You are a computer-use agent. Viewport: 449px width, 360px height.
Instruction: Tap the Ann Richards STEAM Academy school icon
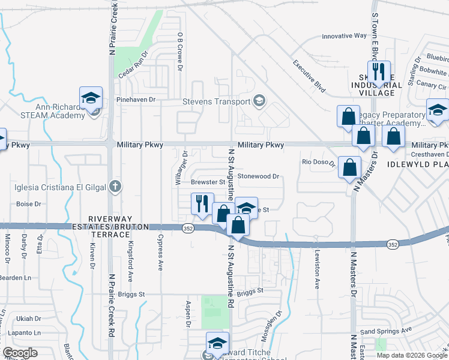pyautogui.click(x=91, y=98)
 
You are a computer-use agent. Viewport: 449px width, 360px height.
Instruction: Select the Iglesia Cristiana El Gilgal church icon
pyautogui.click(x=116, y=187)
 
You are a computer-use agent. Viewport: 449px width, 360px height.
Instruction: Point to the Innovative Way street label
pyautogui.click(x=344, y=36)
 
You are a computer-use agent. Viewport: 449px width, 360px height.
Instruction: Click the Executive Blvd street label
pyautogui.click(x=309, y=77)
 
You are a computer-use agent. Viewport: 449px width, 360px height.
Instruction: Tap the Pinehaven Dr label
pyautogui.click(x=136, y=100)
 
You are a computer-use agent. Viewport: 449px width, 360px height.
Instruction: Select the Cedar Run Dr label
pyautogui.click(x=133, y=71)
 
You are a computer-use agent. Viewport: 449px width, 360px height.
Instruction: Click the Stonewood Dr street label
pyautogui.click(x=259, y=176)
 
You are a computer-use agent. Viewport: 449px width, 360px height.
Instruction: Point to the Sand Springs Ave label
pyautogui.click(x=386, y=331)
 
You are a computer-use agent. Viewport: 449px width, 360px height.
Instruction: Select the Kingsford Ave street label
pyautogui.click(x=130, y=267)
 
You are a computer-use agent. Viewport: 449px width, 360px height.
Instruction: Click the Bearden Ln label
pyautogui.click(x=16, y=277)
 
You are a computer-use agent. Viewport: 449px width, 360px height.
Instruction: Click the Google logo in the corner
pyautogui.click(x=20, y=353)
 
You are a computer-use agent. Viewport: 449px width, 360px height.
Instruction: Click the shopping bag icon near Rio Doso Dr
pyautogui.click(x=349, y=166)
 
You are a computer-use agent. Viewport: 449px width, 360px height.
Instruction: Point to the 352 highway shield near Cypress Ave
pyautogui.click(x=187, y=227)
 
